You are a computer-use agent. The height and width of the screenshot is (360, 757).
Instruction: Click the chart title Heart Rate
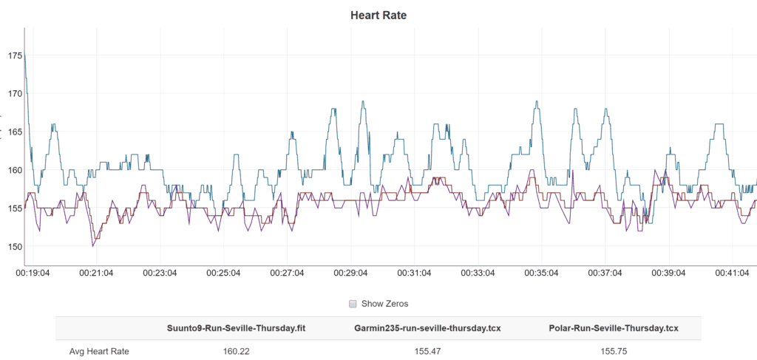(x=378, y=15)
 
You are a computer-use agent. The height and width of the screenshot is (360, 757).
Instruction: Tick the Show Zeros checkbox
(x=353, y=303)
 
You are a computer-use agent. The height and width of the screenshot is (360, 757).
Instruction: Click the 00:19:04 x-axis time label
(x=33, y=273)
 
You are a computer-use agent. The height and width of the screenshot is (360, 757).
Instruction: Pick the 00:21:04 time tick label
(x=97, y=273)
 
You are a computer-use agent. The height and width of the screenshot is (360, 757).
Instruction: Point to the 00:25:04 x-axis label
(x=224, y=273)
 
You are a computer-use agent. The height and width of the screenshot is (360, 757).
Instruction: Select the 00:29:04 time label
(x=351, y=273)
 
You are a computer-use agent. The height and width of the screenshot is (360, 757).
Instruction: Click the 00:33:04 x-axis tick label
(x=478, y=273)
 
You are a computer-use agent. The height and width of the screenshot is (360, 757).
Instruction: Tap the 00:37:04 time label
(x=605, y=273)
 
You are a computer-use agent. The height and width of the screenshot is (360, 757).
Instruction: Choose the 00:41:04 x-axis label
(x=732, y=273)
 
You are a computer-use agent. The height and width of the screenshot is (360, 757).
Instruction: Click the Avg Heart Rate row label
(x=99, y=351)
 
